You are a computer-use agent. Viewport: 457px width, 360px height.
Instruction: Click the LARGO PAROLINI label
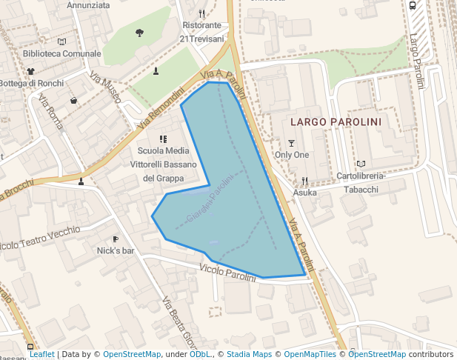(x=336, y=121)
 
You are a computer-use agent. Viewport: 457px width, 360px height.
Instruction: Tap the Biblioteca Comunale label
(x=61, y=54)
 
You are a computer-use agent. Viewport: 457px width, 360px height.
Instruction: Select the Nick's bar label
(x=116, y=251)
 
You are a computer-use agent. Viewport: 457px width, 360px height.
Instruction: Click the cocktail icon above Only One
(x=291, y=143)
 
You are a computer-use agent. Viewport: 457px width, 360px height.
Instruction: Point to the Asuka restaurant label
(x=304, y=193)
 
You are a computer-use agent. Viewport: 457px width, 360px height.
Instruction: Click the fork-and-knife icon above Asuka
(x=304, y=181)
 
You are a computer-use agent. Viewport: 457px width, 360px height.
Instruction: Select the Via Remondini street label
(x=161, y=107)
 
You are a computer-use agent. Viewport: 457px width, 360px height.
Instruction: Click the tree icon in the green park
(x=140, y=33)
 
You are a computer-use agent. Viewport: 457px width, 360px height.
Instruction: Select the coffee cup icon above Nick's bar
(x=116, y=239)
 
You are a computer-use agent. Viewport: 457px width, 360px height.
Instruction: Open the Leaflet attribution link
(x=41, y=355)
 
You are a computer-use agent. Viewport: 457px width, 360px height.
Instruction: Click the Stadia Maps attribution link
(x=249, y=355)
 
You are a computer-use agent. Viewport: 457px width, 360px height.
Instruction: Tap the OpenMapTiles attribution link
(x=311, y=355)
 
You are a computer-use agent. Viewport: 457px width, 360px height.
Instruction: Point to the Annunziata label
(x=88, y=5)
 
